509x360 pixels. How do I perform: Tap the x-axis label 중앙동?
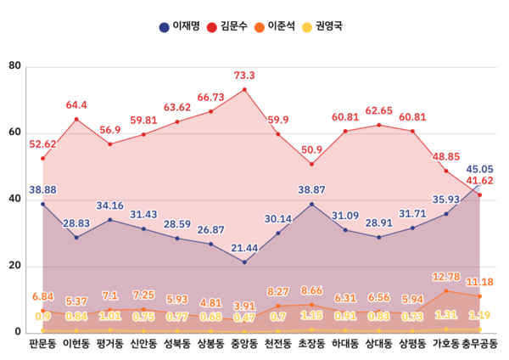coord(244,345)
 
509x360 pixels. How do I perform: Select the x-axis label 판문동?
coord(42,345)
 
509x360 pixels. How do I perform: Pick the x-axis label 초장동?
coord(311,345)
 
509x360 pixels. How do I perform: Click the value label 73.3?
coord(244,76)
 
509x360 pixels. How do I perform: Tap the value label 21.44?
coord(244,247)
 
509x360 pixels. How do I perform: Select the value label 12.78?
coord(446,277)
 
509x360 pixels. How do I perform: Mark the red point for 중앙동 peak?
coord(244,89)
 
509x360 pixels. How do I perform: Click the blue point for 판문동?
coord(42,204)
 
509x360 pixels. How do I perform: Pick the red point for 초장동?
coord(311,164)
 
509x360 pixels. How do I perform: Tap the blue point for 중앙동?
coord(244,262)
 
